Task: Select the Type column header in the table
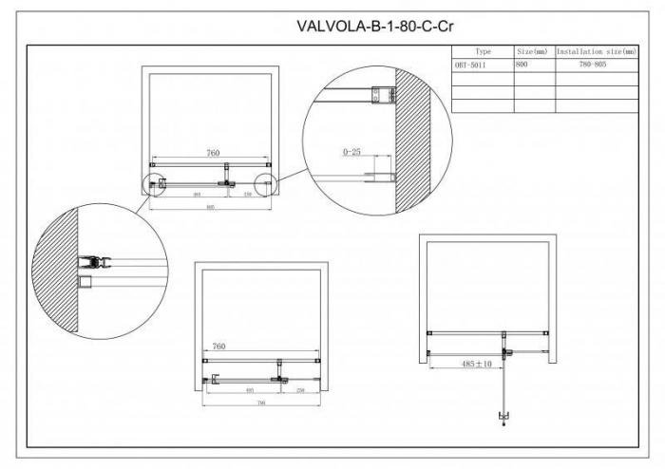pos(483,50)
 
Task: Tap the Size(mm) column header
pos(531,50)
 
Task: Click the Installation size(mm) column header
pos(596,50)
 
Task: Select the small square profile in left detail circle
pos(85,282)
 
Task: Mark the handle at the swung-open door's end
pos(503,417)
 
